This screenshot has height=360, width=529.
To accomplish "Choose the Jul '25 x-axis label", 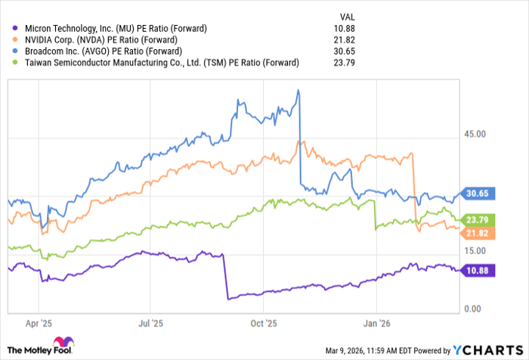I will click(150, 322).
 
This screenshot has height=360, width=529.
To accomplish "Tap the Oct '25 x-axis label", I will click(263, 322).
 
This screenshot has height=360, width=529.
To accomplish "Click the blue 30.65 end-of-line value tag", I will click(478, 193).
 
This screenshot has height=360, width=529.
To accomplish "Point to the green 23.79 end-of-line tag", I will click(478, 220).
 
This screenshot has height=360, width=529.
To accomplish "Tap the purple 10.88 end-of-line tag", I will click(478, 270).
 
